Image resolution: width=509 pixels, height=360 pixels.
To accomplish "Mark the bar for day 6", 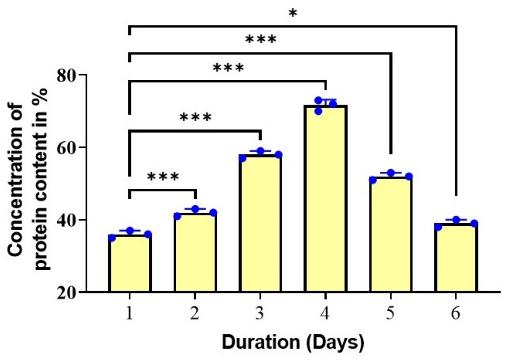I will [456, 258].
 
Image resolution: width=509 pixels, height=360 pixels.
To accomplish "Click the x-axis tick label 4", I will [325, 313].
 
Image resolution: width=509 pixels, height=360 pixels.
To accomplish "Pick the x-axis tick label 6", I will [456, 313].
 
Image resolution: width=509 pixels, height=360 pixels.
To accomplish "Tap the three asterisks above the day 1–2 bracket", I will [163, 177].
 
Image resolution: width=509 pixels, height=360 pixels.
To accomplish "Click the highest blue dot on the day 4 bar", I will [318, 100].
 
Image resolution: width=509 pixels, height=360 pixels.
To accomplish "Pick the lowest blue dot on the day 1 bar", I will [112, 238].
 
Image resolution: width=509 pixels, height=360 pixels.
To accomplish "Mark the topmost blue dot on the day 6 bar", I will [456, 220].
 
